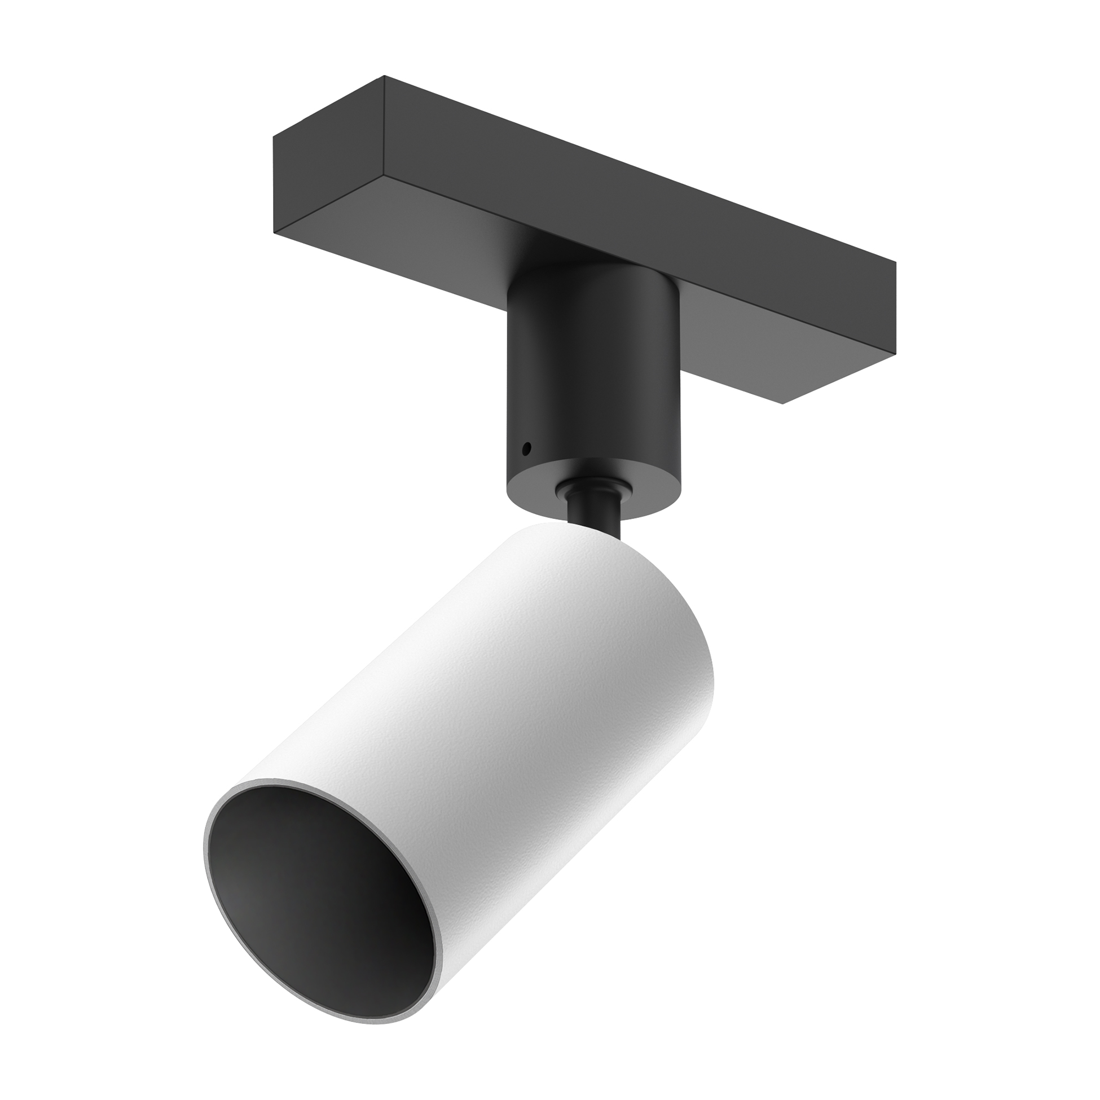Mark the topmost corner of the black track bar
tap(385, 76)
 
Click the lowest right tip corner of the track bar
tap(784, 404)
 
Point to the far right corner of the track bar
tap(896, 263)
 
